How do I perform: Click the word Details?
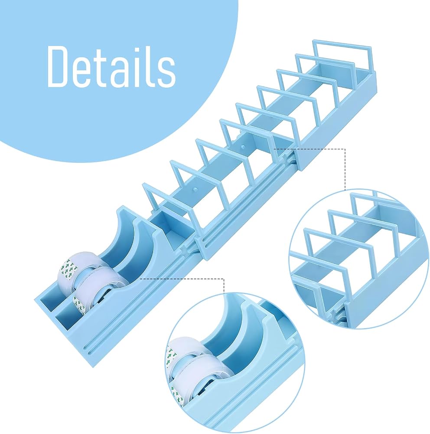112,66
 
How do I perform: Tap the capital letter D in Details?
59,66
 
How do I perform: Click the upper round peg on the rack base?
243,146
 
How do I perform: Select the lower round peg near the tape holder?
195,189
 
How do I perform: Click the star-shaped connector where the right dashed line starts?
285,158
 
